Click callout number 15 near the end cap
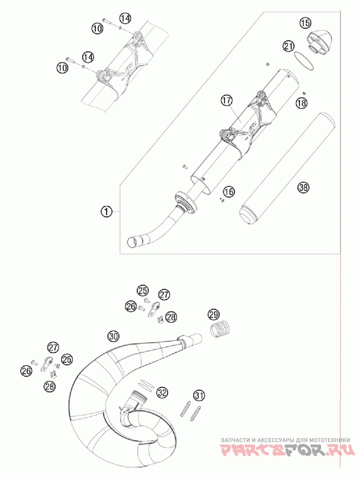[x=305, y=22]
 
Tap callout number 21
[x=289, y=45]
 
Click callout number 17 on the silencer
[x=226, y=101]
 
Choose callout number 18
[x=301, y=103]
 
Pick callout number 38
[x=303, y=188]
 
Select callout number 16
[x=229, y=192]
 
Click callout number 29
[x=213, y=314]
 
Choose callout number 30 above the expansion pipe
[x=113, y=336]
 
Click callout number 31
[x=199, y=395]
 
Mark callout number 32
[x=162, y=392]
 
